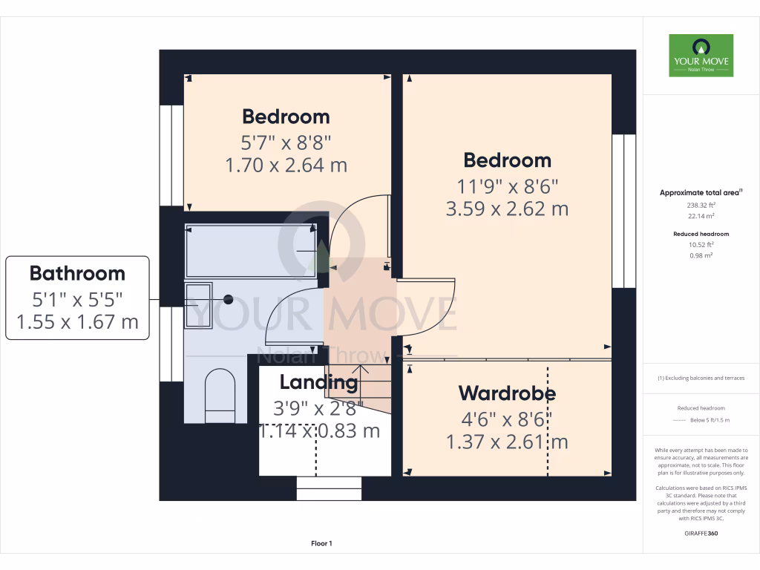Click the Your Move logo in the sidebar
[x=701, y=56]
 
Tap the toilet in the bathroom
[x=220, y=396]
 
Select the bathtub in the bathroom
[x=251, y=249]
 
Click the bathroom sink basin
[x=198, y=304]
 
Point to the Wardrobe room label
[x=507, y=393]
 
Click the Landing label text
[x=318, y=383]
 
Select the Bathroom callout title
[x=77, y=273]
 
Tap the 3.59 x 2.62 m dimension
[x=507, y=209]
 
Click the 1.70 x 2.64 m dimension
[x=286, y=165]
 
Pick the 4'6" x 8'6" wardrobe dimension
[x=507, y=419]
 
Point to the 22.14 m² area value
[x=701, y=217]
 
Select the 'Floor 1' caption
[x=321, y=544]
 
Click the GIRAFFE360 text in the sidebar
[x=701, y=533]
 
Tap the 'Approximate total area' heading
[x=701, y=193]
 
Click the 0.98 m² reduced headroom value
[x=701, y=255]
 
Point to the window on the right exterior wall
[x=623, y=211]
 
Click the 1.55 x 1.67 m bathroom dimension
[x=77, y=322]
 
